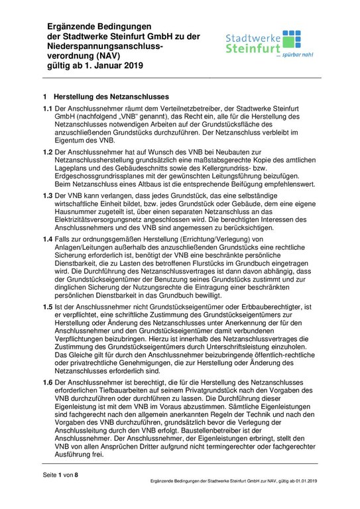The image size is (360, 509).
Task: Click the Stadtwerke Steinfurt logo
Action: tap(278, 44)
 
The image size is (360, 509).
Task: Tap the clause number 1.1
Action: tap(48, 107)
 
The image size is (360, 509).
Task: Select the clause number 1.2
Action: tap(48, 153)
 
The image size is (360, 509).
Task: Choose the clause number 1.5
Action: tap(48, 309)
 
